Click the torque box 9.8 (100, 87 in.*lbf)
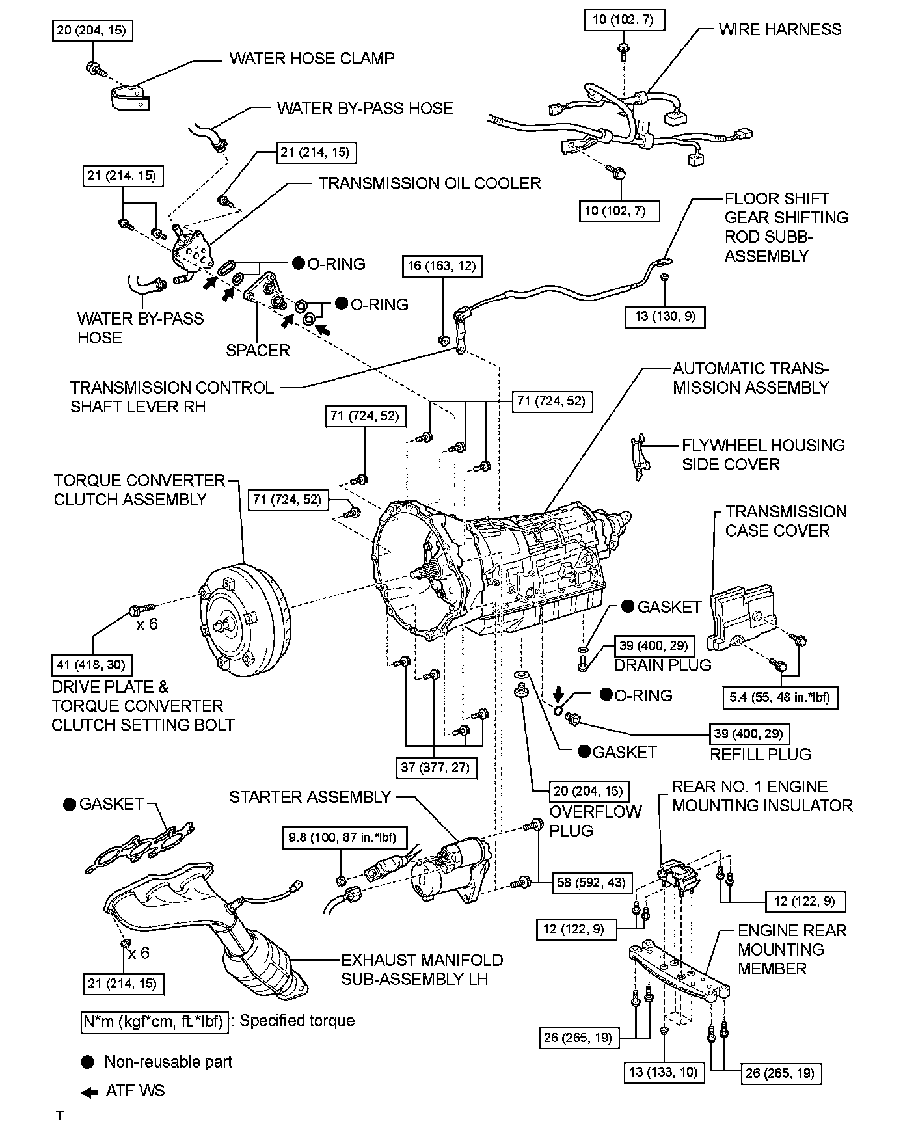[x=342, y=837]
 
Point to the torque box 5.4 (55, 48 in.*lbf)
[x=780, y=698]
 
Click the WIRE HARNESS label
[x=779, y=29]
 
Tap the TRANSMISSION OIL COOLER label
[x=429, y=183]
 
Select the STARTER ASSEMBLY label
[x=310, y=797]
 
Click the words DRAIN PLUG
[x=663, y=665]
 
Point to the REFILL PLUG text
[x=761, y=755]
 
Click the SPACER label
[x=258, y=350]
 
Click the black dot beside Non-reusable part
[x=87, y=1062]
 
